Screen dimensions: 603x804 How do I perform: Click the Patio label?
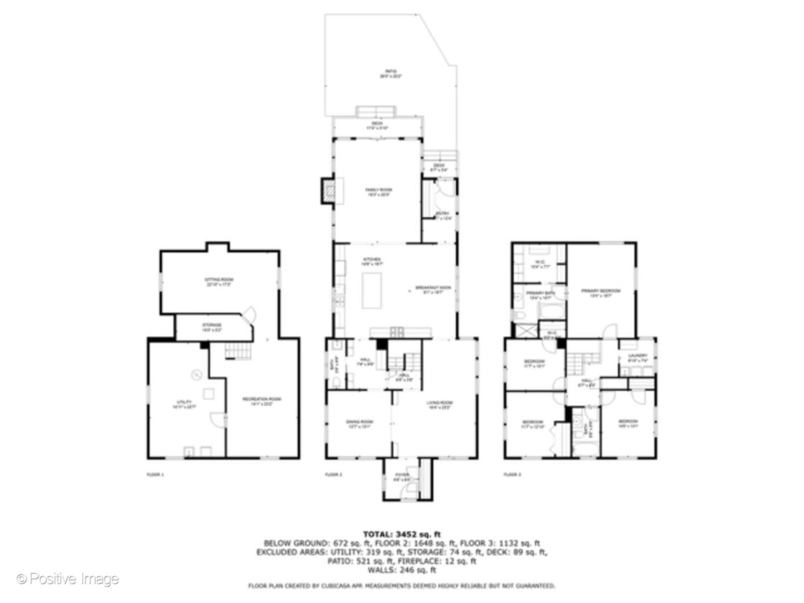point(390,73)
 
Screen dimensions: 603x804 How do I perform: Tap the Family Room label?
point(378,192)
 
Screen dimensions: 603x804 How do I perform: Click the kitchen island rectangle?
point(372,290)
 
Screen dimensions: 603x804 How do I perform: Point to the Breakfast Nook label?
point(433,289)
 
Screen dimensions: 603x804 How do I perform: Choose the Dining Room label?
point(359,424)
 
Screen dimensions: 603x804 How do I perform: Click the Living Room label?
point(439,405)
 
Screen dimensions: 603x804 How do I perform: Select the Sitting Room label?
point(218,281)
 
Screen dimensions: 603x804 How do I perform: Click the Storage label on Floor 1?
point(212,327)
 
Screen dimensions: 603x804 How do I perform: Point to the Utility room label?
point(184,404)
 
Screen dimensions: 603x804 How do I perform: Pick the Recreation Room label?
point(261,401)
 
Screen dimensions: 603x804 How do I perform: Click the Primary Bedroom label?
point(601,293)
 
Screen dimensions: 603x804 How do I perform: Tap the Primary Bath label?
point(540,295)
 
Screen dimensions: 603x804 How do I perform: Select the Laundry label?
point(637,358)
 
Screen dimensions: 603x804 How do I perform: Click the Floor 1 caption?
point(155,475)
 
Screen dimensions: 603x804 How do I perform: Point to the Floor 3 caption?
point(512,475)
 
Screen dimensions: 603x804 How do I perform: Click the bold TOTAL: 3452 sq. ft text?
point(401,534)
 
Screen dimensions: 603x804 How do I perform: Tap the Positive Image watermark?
point(68,579)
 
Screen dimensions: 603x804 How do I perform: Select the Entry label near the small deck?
point(442,216)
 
